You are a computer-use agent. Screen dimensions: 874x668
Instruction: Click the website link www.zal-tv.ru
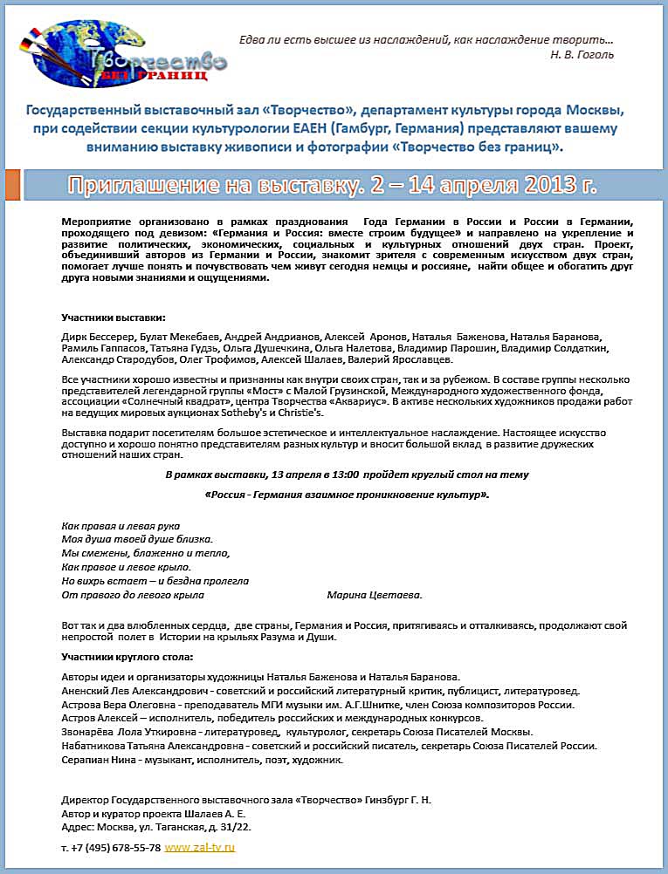[x=200, y=847]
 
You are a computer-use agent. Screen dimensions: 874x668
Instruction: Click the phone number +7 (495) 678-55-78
[x=116, y=847]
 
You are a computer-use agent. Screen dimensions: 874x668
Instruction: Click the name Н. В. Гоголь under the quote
[x=582, y=54]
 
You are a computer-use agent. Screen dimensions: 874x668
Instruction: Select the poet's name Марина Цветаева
[x=374, y=595]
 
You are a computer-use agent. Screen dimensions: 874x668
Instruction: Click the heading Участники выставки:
[x=113, y=317]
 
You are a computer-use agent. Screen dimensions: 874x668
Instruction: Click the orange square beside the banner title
[x=12, y=185]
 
